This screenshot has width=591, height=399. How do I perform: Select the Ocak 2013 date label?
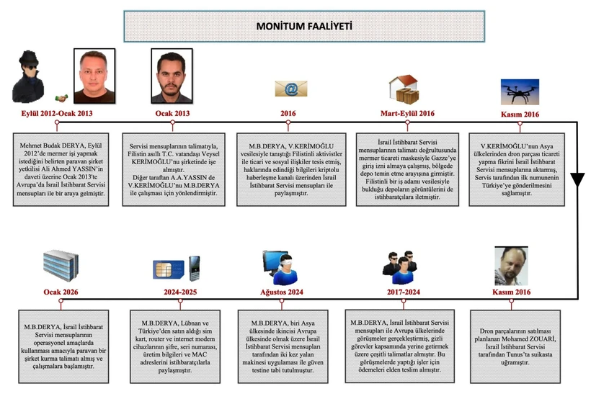pos(172,114)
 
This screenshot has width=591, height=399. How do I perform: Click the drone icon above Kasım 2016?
pos(520,91)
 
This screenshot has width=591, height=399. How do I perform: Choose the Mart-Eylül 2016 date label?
pos(407,114)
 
